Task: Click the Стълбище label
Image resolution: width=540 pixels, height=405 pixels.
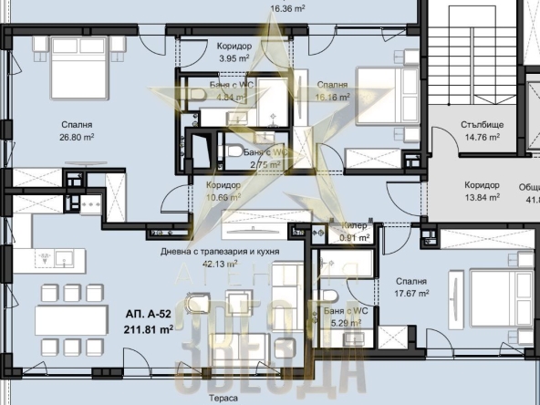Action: point(481,127)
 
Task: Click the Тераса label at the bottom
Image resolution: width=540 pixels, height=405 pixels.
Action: point(222,399)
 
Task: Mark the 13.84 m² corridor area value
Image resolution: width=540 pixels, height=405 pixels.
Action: point(481,196)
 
